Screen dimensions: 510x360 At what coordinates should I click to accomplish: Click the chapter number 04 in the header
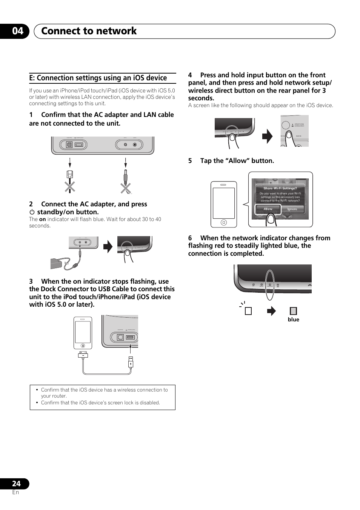17,31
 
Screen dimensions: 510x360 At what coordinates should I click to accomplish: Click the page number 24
16,484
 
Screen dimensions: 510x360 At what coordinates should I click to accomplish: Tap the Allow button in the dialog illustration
268,209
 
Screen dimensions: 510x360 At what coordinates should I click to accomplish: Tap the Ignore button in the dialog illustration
292,209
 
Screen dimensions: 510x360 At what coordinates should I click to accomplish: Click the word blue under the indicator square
293,320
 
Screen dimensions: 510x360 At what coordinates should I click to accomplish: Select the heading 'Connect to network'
89,31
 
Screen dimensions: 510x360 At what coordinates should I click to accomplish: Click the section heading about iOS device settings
98,78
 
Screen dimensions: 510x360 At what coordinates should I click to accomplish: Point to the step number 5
190,161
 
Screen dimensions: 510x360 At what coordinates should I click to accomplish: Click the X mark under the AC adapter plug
126,188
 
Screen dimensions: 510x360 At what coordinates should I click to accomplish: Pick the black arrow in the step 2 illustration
108,247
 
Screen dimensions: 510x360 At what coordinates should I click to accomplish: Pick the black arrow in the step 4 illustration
267,136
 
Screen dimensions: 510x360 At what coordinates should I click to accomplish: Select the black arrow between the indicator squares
271,311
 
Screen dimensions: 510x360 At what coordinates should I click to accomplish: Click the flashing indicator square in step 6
248,311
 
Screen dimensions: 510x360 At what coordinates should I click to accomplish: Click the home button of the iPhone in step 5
224,223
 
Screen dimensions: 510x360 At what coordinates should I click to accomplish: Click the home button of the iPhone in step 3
83,346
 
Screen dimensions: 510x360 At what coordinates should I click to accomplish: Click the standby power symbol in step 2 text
32,212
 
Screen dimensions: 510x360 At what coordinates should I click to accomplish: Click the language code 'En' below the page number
15,492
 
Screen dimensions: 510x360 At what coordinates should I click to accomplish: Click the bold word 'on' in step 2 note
42,219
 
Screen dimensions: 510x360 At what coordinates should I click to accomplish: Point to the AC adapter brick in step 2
56,263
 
